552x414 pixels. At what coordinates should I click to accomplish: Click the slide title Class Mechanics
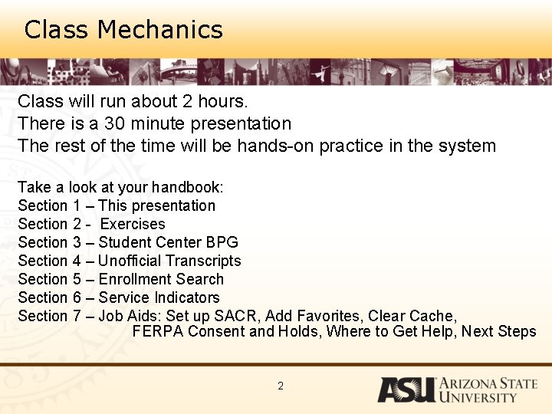click(x=123, y=30)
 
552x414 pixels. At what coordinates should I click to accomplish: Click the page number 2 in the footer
click(x=281, y=386)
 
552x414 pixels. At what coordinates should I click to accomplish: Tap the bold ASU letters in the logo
click(x=405, y=389)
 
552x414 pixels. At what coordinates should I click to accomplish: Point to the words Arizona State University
click(x=488, y=390)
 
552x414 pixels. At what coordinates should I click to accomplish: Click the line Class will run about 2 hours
click(x=133, y=101)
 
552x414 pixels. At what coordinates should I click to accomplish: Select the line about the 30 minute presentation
click(x=154, y=123)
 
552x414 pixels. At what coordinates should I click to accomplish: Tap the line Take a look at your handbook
click(x=120, y=187)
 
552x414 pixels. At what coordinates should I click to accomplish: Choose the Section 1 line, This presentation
click(x=117, y=205)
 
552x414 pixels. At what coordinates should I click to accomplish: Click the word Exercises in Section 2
click(x=133, y=224)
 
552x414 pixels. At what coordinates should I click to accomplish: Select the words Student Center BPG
click(x=169, y=242)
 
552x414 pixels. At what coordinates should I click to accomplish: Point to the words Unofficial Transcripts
click(x=169, y=261)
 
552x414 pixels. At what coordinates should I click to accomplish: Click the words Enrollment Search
click(x=161, y=279)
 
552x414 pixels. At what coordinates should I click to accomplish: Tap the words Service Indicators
click(x=159, y=297)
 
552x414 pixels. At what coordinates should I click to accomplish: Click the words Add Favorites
click(x=313, y=316)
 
